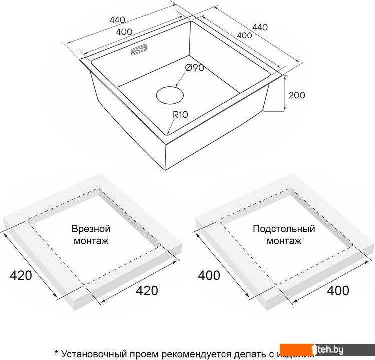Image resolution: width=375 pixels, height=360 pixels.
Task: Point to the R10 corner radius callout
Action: [180, 115]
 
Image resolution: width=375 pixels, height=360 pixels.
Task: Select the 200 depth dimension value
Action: [297, 95]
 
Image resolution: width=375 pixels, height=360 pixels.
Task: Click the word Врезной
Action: [91, 229]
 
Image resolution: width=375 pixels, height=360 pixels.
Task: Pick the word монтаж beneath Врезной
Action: [91, 241]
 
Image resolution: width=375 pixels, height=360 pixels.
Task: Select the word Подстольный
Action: [284, 229]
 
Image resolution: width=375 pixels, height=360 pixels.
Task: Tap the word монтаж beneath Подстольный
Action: [284, 241]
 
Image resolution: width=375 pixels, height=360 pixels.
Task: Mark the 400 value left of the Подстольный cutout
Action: [209, 275]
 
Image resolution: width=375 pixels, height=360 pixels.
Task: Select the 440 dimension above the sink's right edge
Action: [260, 27]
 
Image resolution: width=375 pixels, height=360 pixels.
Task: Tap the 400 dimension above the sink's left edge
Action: [124, 32]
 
